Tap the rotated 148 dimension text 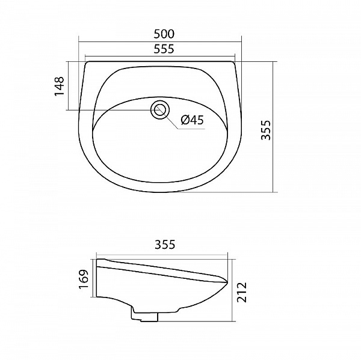coord(59,86)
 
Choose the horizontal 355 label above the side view coord(164,245)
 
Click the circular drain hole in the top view coord(160,110)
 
